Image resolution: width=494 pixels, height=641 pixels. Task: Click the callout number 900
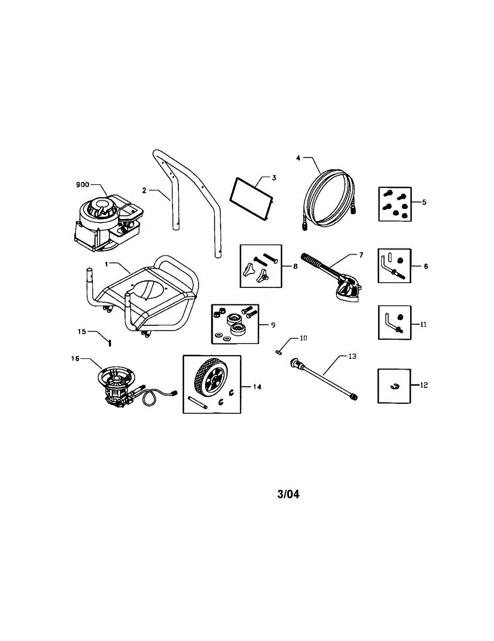click(x=83, y=185)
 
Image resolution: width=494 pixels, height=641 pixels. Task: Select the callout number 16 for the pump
click(x=75, y=359)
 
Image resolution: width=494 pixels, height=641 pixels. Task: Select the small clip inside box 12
click(x=396, y=386)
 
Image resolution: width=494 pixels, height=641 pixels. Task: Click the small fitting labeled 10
click(x=279, y=352)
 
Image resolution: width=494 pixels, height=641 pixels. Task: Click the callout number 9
click(x=272, y=324)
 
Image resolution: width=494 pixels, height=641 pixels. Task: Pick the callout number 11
click(x=424, y=324)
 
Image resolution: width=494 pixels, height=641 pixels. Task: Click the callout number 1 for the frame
click(x=106, y=264)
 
